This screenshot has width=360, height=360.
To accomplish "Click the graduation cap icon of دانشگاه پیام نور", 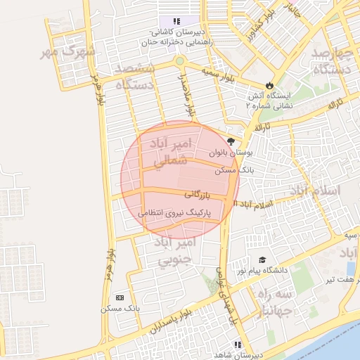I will (x=262, y=260).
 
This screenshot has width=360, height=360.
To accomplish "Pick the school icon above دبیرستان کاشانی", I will (x=176, y=22).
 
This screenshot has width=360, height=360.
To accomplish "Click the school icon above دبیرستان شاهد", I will (x=238, y=345).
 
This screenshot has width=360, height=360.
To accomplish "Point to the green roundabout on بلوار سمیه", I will (x=180, y=61).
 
